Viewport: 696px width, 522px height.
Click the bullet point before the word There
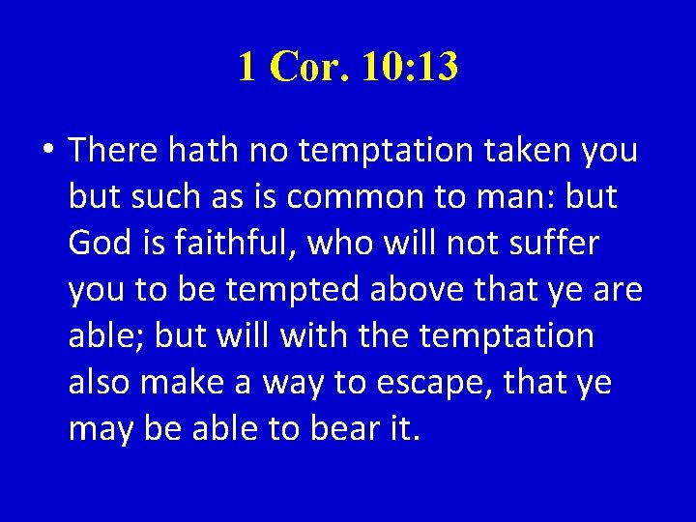coord(48,152)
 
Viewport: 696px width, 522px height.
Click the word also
coord(101,383)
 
